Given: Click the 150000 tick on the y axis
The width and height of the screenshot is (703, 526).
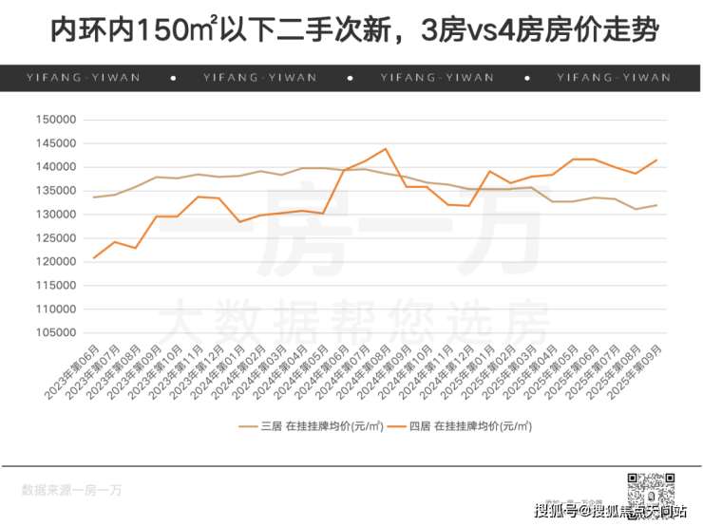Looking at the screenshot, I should coord(55,120).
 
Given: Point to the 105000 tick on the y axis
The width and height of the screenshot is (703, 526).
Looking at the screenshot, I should coord(55,333).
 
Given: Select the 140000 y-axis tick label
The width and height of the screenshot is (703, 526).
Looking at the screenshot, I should coord(55,167).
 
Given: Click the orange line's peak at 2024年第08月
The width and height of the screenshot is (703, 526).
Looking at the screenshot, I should coord(386,148).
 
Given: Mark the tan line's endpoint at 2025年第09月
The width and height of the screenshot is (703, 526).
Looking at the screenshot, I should coord(656,206).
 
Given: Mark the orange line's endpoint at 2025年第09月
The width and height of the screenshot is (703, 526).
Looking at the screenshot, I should coord(656,160).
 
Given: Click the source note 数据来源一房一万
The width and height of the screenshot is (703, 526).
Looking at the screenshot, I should coord(71,491).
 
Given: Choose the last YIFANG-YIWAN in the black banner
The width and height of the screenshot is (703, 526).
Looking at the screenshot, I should coord(613,78).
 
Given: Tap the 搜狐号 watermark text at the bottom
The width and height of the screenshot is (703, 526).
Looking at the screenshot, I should coord(557,512).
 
